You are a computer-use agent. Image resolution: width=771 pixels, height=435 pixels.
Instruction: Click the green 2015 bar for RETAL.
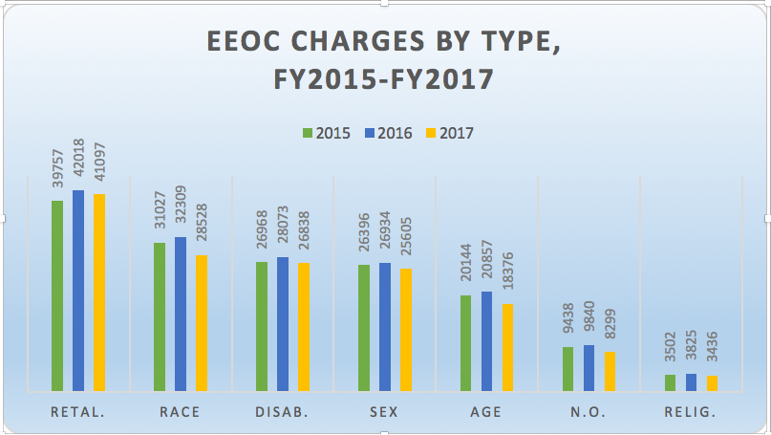(57, 295)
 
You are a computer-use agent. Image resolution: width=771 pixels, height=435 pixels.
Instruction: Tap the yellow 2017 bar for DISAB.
(304, 326)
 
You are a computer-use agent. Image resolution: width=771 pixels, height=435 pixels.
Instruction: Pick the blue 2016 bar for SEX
(385, 326)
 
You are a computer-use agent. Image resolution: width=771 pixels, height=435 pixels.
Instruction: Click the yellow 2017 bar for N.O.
(610, 371)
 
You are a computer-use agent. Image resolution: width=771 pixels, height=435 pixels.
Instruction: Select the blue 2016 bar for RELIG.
(692, 381)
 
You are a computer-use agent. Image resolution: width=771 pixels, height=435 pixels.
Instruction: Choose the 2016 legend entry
(387, 133)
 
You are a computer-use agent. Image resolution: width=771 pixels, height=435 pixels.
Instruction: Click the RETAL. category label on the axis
(78, 412)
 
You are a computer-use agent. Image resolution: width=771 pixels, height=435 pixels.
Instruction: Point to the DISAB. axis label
(283, 412)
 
